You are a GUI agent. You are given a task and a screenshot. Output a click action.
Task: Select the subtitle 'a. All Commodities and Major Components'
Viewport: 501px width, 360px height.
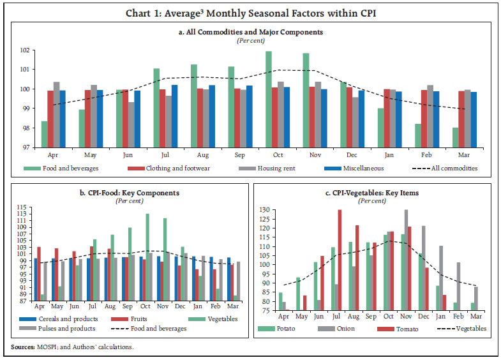[x=250, y=31]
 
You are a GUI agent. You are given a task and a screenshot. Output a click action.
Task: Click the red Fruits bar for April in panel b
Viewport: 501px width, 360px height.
[x=39, y=273]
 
